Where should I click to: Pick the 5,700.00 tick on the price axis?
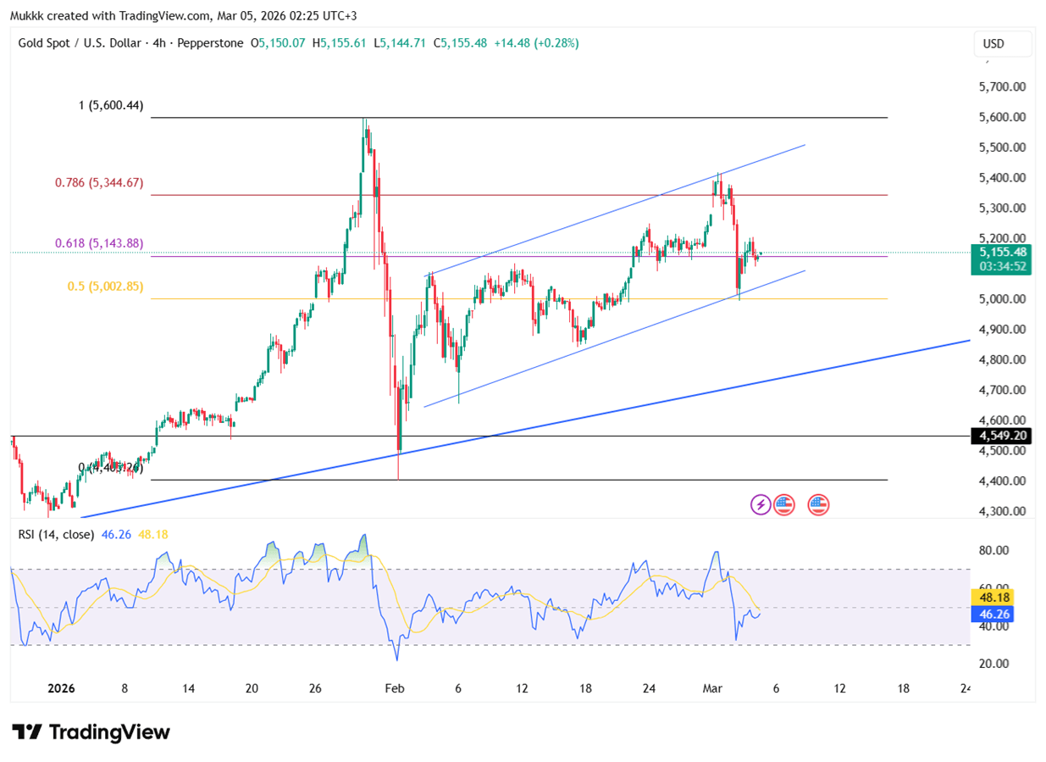[x=1002, y=86]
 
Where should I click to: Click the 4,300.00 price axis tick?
[x=1002, y=511]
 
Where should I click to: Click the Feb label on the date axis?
[x=395, y=689]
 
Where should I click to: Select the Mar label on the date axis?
[x=712, y=689]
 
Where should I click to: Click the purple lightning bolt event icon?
[x=761, y=505]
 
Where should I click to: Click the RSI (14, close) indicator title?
[x=56, y=535]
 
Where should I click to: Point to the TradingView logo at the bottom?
[x=91, y=732]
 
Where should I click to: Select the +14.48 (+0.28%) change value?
[x=536, y=43]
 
